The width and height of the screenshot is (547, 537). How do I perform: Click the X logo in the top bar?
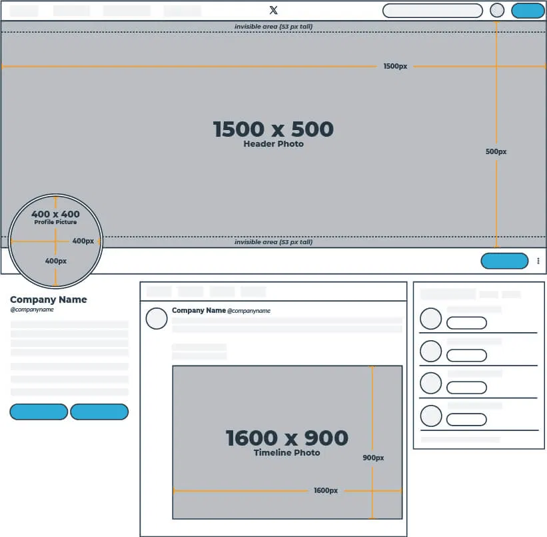point(273,10)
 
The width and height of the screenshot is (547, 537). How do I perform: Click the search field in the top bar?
point(432,11)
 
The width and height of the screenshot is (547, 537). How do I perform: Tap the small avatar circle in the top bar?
point(497,11)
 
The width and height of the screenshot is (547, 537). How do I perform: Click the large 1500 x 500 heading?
point(273,129)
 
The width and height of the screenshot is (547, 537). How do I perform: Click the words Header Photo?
point(273,144)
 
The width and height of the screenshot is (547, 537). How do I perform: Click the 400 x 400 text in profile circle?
point(55,214)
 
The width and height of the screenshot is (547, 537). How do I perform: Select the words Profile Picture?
point(55,222)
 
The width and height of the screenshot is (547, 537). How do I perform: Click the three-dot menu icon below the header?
point(538,261)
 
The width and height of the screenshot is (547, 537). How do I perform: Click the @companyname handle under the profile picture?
point(32,310)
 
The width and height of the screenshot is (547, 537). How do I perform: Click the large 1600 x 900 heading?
point(286,438)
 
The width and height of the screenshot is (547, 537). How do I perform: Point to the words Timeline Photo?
point(286,453)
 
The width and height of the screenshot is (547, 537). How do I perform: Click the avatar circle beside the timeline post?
point(157,318)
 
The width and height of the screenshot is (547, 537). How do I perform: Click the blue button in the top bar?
point(528,11)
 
